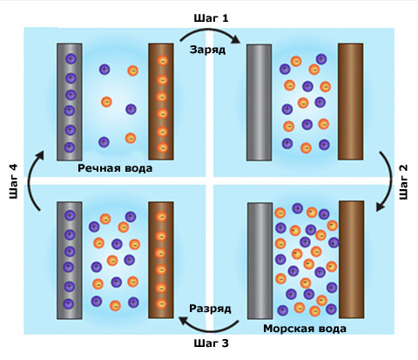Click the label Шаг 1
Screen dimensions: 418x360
pos(211,18)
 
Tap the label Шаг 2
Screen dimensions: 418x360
pos(404,182)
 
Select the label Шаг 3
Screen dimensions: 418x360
pos(211,343)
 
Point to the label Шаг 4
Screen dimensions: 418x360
pos(14,181)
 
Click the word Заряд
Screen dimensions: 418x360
pos(207,50)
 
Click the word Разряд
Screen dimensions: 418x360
pos(210,309)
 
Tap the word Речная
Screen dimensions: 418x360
pos(97,168)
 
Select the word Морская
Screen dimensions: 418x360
pos(284,329)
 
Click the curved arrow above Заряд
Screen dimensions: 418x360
pos(210,31)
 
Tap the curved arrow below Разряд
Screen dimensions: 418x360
pos(210,329)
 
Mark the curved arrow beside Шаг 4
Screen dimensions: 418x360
pos(30,180)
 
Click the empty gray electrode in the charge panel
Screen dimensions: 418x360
pos(259,102)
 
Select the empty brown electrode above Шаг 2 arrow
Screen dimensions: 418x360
pos(350,101)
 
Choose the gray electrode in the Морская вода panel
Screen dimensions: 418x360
pos(260,261)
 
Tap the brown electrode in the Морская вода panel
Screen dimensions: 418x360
pos(351,260)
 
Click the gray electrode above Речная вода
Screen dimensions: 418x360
pos(70,102)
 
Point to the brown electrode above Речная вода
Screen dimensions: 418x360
pos(161,101)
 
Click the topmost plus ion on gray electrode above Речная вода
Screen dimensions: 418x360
pos(71,59)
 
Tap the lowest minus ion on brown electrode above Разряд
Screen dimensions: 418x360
pos(161,304)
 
